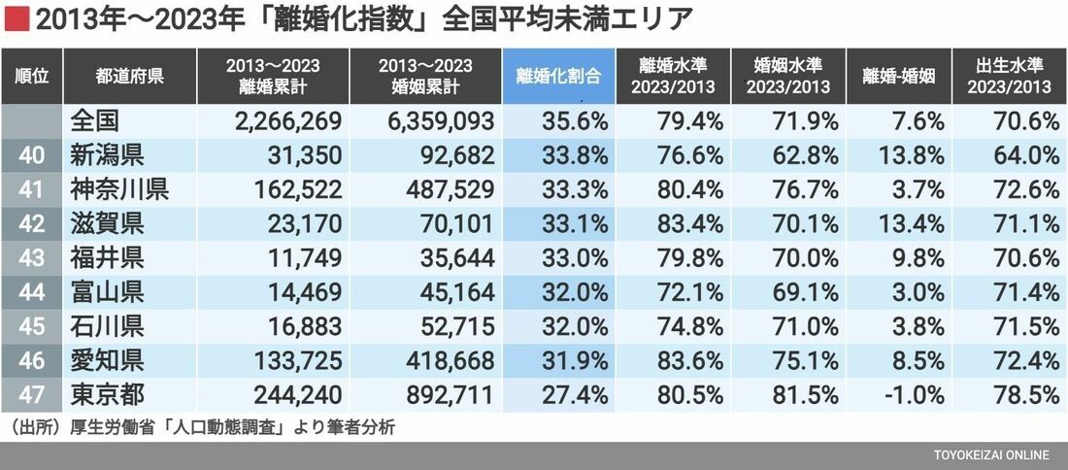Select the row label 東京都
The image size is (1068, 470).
[x=108, y=394]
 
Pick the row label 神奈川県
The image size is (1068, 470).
[x=120, y=188]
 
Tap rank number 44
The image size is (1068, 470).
[x=32, y=291]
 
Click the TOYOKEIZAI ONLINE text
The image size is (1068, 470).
[x=991, y=455]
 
